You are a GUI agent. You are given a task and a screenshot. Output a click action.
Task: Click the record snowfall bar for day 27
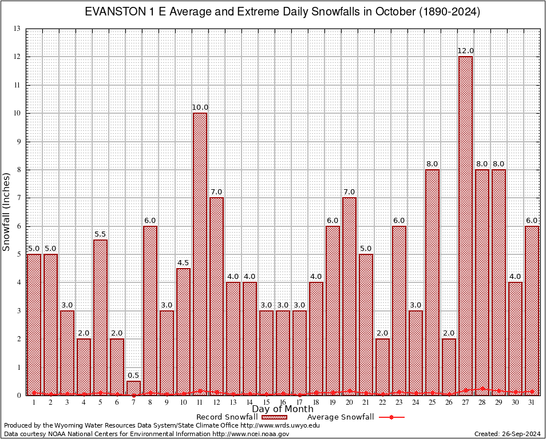pos(465,226)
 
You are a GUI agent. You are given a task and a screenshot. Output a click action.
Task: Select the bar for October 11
pos(200,254)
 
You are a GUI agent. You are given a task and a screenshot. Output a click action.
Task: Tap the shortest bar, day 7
pos(133,388)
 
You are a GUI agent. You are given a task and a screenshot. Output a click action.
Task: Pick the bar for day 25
pos(432,282)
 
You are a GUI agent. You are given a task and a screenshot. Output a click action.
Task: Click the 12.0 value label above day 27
pos(465,51)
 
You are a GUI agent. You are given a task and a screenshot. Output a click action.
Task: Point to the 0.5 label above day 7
pos(133,376)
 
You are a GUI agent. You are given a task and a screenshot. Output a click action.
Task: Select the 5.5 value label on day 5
pos(100,234)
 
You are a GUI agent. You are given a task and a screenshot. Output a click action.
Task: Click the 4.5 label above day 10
pos(183,263)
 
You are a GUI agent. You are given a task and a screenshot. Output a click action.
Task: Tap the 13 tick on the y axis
pos(17,29)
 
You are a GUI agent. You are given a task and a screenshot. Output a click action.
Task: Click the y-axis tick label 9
pos(18,141)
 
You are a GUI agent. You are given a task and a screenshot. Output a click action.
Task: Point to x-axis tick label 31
pos(532,402)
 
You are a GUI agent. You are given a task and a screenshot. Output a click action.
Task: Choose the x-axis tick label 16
pos(283,402)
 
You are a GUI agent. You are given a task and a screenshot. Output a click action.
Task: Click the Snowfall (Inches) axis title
pos(7,211)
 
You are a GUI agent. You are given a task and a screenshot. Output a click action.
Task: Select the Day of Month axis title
pos(283,409)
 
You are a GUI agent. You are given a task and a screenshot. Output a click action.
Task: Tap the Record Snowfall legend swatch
pos(274,417)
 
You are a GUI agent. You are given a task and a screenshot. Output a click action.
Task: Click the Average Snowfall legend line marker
pos(391,417)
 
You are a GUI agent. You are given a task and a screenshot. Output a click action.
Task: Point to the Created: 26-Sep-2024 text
pos(507,434)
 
